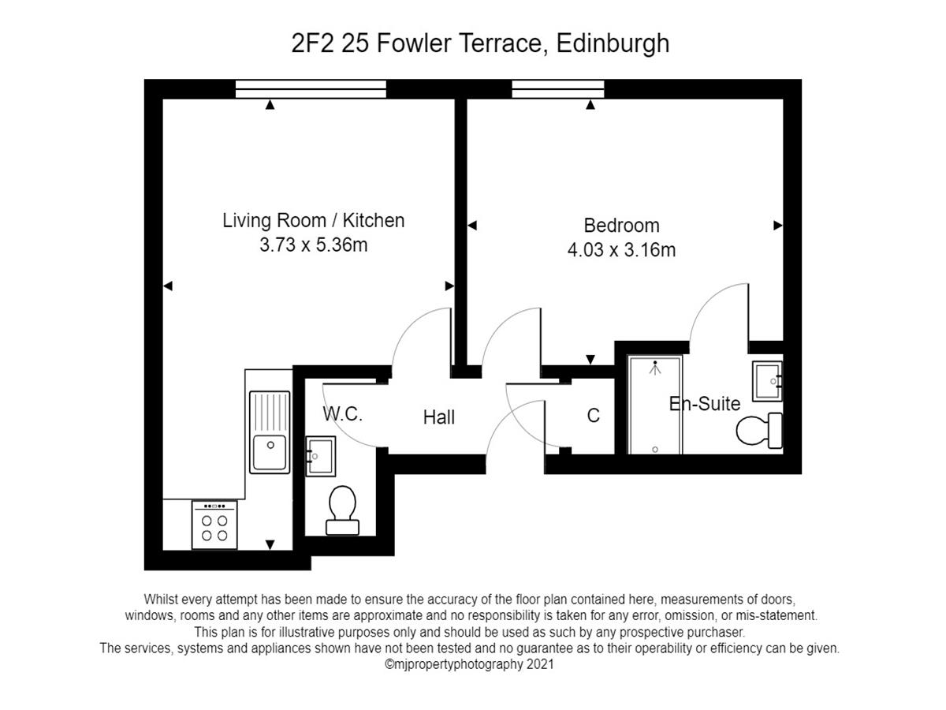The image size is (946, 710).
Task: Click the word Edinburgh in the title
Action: pyautogui.click(x=613, y=44)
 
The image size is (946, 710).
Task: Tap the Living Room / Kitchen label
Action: pyautogui.click(x=313, y=221)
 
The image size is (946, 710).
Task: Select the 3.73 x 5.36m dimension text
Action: pyautogui.click(x=313, y=245)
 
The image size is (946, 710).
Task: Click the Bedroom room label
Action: pyautogui.click(x=621, y=226)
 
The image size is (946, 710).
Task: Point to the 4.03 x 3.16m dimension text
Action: pyautogui.click(x=621, y=250)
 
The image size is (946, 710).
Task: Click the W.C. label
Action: pyautogui.click(x=343, y=414)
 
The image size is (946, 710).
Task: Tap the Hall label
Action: pyautogui.click(x=439, y=417)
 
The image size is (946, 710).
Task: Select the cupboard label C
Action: pyautogui.click(x=593, y=416)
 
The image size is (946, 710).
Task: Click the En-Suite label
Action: pyautogui.click(x=705, y=404)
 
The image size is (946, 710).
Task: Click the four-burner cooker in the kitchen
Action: pyautogui.click(x=214, y=525)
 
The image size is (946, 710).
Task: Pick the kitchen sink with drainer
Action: pyautogui.click(x=270, y=432)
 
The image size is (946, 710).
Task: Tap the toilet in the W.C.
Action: pyautogui.click(x=343, y=510)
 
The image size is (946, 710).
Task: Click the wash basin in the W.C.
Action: pyautogui.click(x=321, y=456)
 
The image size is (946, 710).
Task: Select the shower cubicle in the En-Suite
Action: pyautogui.click(x=655, y=405)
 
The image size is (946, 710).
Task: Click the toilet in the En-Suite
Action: pyautogui.click(x=759, y=430)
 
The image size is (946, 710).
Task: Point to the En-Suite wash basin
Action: pyautogui.click(x=767, y=381)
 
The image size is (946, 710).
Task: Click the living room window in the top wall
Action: pyautogui.click(x=311, y=89)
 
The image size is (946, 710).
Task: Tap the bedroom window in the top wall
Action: pyautogui.click(x=558, y=89)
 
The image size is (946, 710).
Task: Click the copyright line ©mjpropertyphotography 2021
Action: pyautogui.click(x=469, y=664)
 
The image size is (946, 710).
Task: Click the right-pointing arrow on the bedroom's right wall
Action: pyautogui.click(x=778, y=226)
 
